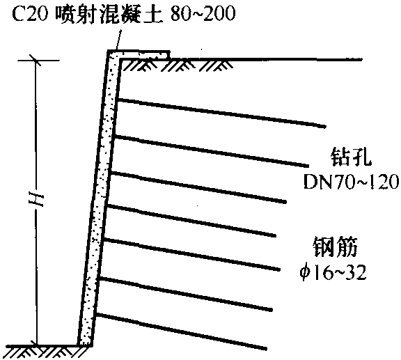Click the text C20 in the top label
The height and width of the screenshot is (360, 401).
point(30,13)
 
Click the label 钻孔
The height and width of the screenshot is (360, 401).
point(351,157)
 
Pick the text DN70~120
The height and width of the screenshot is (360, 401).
point(351,182)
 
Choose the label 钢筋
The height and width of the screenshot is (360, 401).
point(336,247)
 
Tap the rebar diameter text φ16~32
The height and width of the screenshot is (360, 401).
point(333,272)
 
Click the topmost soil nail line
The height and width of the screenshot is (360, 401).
point(221,113)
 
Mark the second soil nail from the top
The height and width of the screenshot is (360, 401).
point(211,151)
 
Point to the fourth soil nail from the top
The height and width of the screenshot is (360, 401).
point(191,220)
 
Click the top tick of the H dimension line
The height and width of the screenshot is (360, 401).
point(36,61)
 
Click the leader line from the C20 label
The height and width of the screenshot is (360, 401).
point(118,40)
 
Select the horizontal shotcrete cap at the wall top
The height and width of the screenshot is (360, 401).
point(139,54)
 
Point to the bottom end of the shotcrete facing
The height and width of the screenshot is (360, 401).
point(85,345)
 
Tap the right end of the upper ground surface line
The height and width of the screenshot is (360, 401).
point(362,60)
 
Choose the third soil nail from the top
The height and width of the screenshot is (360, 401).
point(198,187)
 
